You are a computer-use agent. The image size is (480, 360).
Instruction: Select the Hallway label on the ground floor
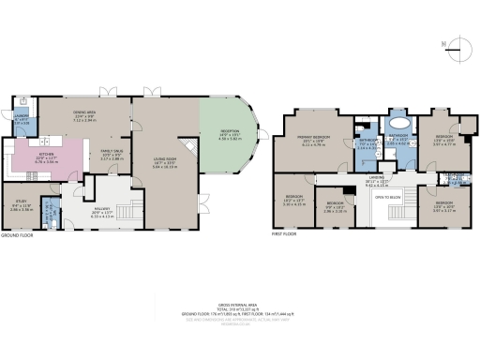[x=103, y=211]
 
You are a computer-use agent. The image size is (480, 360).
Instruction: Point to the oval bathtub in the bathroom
[x=397, y=121]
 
